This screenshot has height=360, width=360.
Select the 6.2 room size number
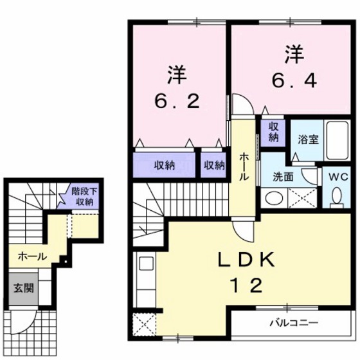179,101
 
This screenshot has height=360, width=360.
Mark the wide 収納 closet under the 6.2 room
164,165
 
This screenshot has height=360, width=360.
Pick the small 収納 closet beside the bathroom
273,131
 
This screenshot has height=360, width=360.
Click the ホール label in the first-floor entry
32,256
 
